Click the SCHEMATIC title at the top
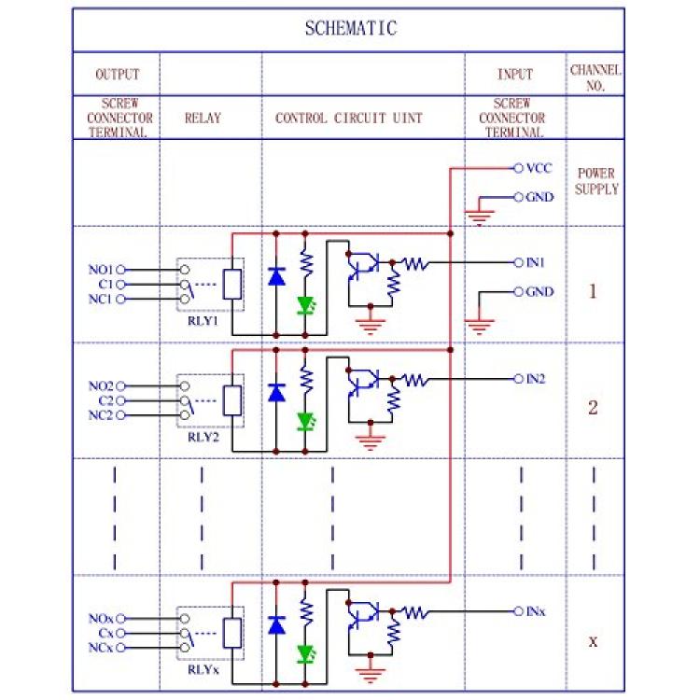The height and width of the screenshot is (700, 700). pyautogui.click(x=350, y=28)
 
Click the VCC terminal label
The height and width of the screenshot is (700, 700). pyautogui.click(x=539, y=169)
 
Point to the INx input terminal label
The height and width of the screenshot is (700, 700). pyautogui.click(x=537, y=610)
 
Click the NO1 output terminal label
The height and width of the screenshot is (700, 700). pyautogui.click(x=101, y=270)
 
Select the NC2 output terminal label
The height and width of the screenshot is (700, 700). pyautogui.click(x=101, y=415)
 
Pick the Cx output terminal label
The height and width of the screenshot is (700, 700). pyautogui.click(x=103, y=633)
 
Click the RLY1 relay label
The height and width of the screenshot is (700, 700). pyautogui.click(x=203, y=320)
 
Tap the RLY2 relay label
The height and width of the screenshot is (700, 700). pyautogui.click(x=203, y=436)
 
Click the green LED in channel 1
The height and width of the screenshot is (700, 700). pyautogui.click(x=304, y=304)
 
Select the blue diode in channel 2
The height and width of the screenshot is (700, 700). pyautogui.click(x=276, y=392)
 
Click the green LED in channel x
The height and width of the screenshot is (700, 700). pyautogui.click(x=304, y=651)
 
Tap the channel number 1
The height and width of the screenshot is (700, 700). pyautogui.click(x=593, y=291)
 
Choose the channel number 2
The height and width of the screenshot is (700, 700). pyautogui.click(x=593, y=408)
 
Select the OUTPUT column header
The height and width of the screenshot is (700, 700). pyautogui.click(x=118, y=74)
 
